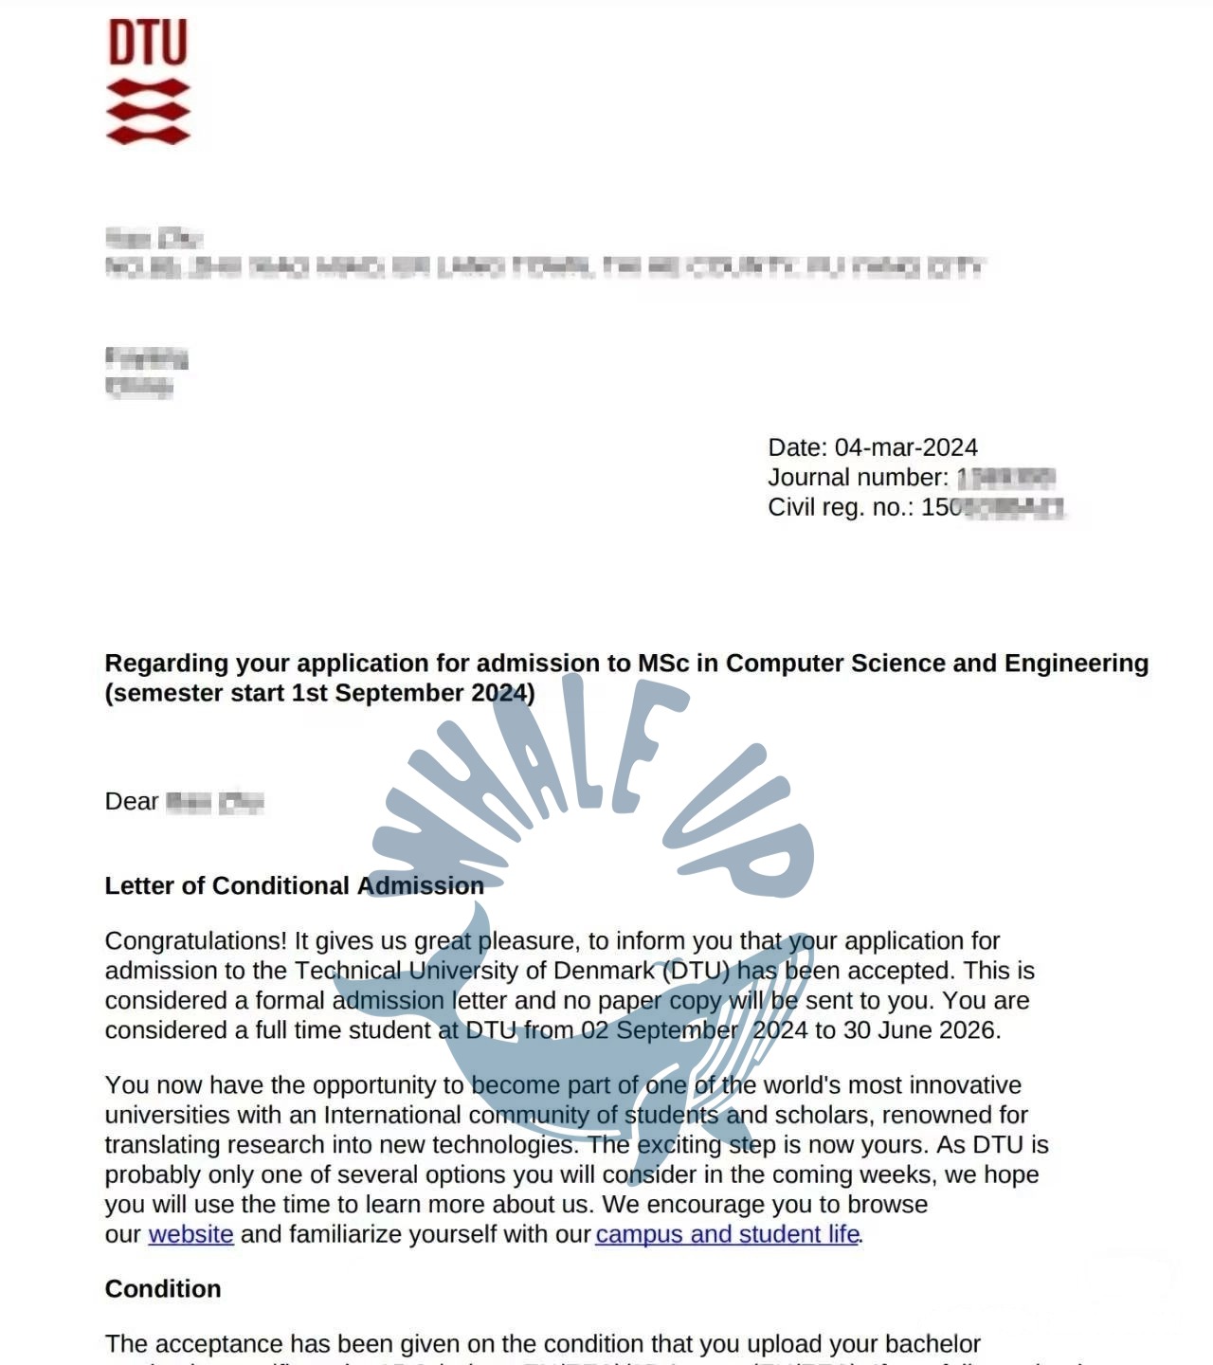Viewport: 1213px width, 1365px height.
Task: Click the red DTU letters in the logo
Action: click(x=148, y=43)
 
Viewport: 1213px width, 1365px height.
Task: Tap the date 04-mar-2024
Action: click(x=905, y=447)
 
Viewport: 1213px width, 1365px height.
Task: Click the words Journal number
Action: click(x=856, y=478)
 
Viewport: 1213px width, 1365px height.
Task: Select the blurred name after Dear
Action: click(x=214, y=802)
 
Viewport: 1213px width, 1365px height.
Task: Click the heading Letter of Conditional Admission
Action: click(x=294, y=885)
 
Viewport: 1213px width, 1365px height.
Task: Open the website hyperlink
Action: click(x=190, y=1234)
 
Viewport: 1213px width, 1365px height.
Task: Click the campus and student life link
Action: click(x=727, y=1234)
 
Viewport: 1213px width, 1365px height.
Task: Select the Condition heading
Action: click(x=163, y=1289)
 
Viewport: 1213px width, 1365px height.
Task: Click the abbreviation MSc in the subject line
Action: click(x=663, y=664)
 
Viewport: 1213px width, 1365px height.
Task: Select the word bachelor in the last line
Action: click(x=932, y=1344)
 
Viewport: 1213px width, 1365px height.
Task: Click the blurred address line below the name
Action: click(x=545, y=268)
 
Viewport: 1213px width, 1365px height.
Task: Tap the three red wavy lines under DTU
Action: click(x=148, y=112)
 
